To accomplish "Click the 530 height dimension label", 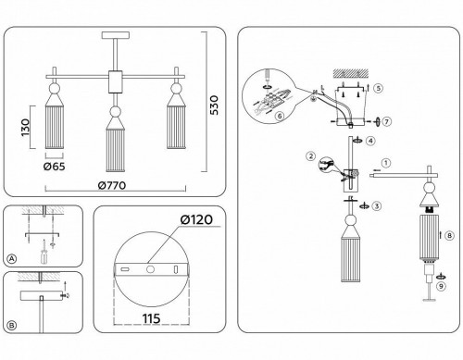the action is coord(214,106).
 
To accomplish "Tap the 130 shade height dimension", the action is coord(25,128).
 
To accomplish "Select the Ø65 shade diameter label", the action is coord(55,167).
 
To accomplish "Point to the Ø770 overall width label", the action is coord(112,185).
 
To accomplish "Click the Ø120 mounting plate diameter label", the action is coord(196,219).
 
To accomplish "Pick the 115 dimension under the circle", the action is coord(151,318).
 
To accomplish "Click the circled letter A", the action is coord(11,258).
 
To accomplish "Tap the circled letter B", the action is coord(11,326).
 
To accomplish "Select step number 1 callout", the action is coord(386,163).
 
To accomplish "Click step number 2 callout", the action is coord(311,156).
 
